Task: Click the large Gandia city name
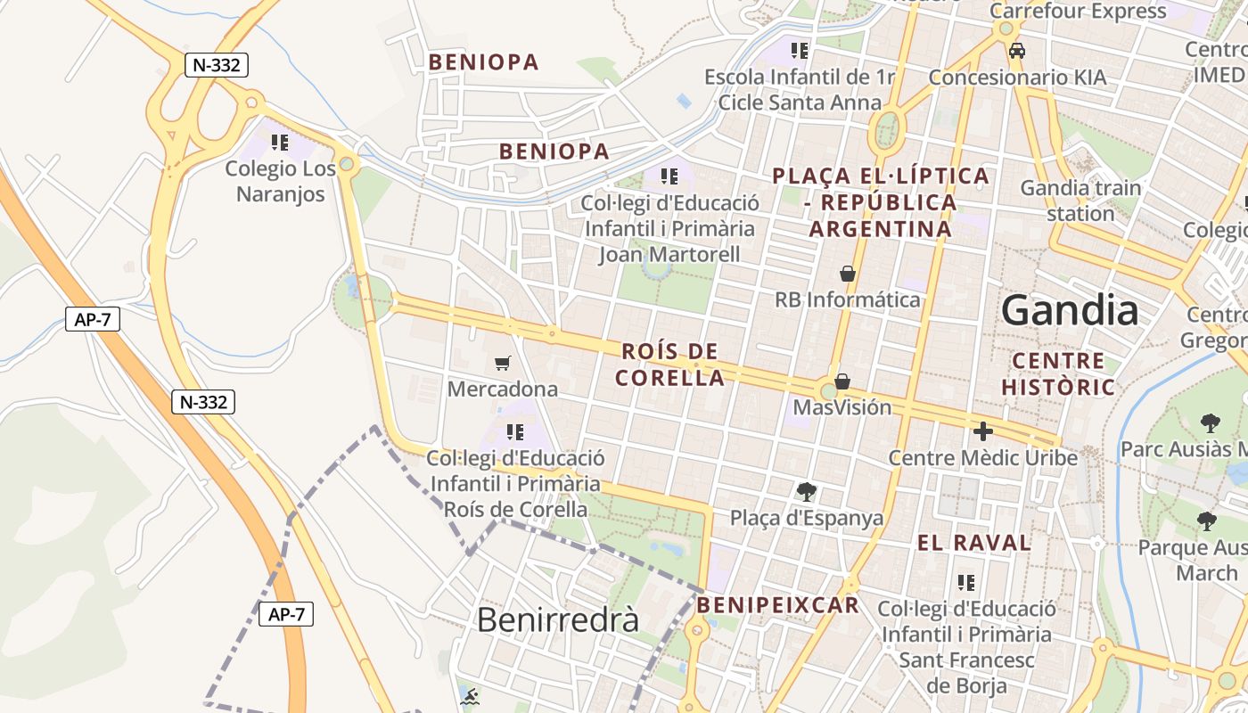(x=1070, y=310)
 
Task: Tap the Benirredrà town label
(x=558, y=619)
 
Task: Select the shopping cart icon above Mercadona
(x=503, y=363)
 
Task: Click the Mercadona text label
(x=503, y=389)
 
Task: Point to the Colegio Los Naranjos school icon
(x=280, y=143)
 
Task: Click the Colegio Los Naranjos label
(x=280, y=181)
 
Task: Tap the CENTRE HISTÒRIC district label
(x=1058, y=374)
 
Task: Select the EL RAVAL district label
(x=974, y=543)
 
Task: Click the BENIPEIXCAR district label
(x=778, y=606)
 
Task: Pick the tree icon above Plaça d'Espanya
(x=807, y=491)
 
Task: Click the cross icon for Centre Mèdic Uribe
(x=983, y=431)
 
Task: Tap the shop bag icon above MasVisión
(x=842, y=381)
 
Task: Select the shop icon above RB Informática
(x=848, y=274)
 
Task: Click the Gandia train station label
(x=1080, y=201)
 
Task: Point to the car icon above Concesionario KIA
(x=1017, y=51)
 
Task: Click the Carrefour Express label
(x=1078, y=12)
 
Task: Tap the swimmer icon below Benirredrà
(x=470, y=696)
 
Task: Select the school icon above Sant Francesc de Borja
(x=966, y=583)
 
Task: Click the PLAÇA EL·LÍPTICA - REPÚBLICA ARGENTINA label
(x=881, y=202)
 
